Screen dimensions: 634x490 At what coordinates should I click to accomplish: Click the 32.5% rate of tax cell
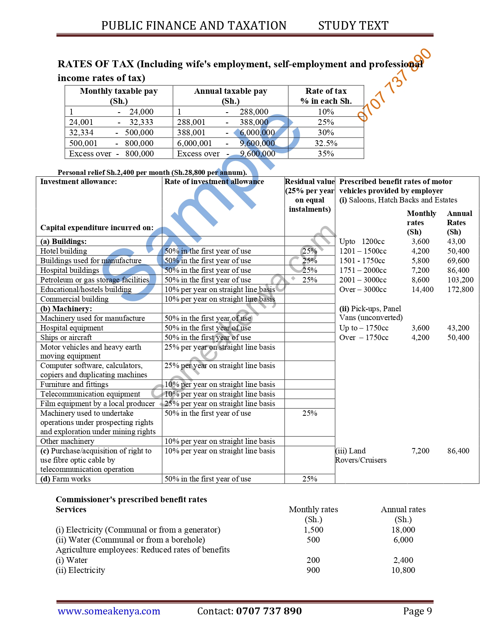point(326,143)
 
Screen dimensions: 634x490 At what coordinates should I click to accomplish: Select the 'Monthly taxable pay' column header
point(118,96)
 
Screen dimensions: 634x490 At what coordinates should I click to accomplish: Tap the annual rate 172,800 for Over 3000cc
point(460,289)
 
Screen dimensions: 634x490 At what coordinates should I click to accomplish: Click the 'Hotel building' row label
point(64,251)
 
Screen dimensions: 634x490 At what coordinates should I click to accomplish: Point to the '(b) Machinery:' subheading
point(66,309)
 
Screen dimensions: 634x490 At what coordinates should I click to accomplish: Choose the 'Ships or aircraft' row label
point(66,337)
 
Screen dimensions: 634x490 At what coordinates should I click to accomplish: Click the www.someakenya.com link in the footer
point(109,611)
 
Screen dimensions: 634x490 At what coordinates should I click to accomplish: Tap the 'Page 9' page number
point(417,611)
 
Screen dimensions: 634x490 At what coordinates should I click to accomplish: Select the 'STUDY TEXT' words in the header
point(353,26)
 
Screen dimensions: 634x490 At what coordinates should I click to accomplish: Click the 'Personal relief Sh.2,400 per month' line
point(152,172)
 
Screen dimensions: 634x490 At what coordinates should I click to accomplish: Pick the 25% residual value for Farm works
point(309,479)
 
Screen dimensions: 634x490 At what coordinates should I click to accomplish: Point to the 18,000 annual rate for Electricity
point(403,529)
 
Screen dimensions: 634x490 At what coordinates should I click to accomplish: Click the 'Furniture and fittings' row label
point(74,384)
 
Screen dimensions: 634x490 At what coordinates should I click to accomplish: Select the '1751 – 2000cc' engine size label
point(363,270)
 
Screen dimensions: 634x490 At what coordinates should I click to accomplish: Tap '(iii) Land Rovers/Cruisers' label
point(360,455)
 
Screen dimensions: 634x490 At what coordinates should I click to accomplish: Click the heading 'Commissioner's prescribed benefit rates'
point(131,499)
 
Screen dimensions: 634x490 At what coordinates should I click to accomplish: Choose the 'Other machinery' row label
point(67,441)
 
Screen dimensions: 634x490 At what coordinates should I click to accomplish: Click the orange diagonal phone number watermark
point(394,85)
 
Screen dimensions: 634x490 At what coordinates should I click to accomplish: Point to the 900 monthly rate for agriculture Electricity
point(313,570)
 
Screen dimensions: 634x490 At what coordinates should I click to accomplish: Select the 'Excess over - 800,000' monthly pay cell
point(111,154)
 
